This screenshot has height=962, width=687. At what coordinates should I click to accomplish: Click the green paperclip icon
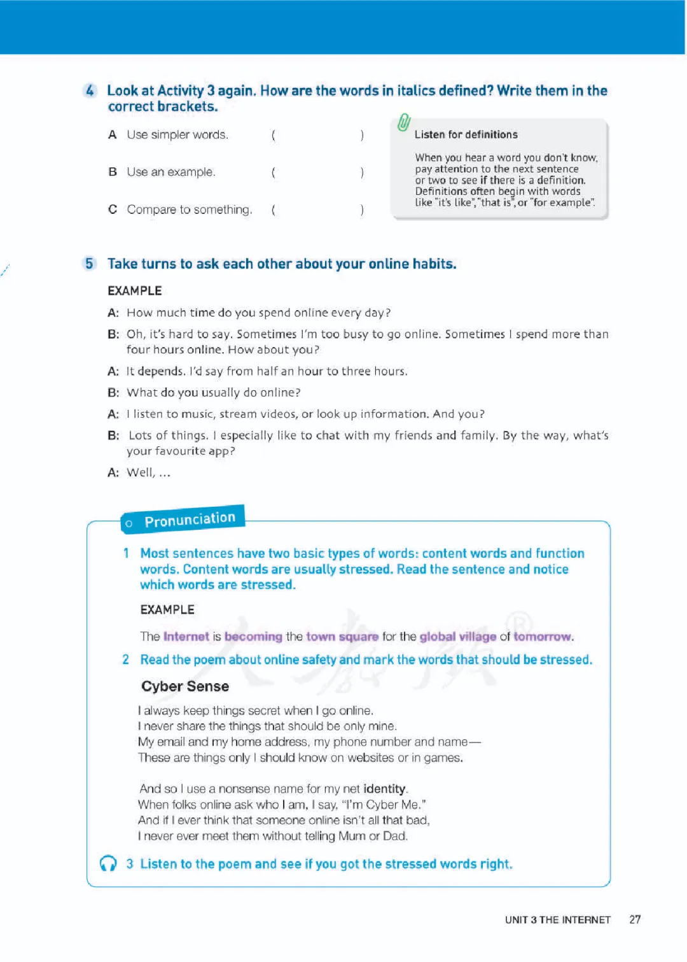pyautogui.click(x=404, y=122)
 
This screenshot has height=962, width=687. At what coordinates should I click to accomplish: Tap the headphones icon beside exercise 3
pyautogui.click(x=108, y=863)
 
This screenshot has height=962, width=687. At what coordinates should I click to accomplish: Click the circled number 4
pyautogui.click(x=90, y=91)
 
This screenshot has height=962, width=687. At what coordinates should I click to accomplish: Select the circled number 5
pyautogui.click(x=90, y=264)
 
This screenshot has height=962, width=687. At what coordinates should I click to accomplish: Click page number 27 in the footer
pyautogui.click(x=635, y=919)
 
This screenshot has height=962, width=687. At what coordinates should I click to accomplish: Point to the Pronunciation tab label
pyautogui.click(x=190, y=520)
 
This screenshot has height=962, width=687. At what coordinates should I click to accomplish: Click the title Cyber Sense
pyautogui.click(x=185, y=686)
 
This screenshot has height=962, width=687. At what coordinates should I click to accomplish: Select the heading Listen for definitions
pyautogui.click(x=466, y=134)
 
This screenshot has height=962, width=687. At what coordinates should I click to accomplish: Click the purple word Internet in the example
pyautogui.click(x=186, y=636)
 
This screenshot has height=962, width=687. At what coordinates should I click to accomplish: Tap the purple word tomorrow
pyautogui.click(x=543, y=636)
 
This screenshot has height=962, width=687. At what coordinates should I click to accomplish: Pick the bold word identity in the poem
pyautogui.click(x=384, y=789)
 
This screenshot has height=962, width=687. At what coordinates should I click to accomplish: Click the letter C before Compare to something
pyautogui.click(x=113, y=209)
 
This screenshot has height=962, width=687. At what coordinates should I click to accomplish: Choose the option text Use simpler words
pyautogui.click(x=177, y=134)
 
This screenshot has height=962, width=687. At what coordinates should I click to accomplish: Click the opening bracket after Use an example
pyautogui.click(x=274, y=172)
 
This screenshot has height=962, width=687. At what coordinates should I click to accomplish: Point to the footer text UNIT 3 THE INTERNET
pyautogui.click(x=557, y=920)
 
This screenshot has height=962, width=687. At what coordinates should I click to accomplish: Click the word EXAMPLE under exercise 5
pyautogui.click(x=135, y=291)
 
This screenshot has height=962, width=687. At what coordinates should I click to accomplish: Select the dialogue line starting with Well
pyautogui.click(x=148, y=472)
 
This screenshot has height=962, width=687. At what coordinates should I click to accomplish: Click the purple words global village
pyautogui.click(x=457, y=636)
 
